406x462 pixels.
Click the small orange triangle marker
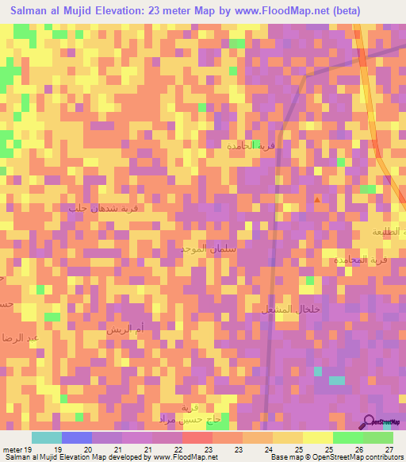point(318,200)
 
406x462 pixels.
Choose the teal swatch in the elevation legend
point(47,437)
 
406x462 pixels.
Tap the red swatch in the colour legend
point(197,437)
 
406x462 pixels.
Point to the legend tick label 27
point(389,449)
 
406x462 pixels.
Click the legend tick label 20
point(88,449)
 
